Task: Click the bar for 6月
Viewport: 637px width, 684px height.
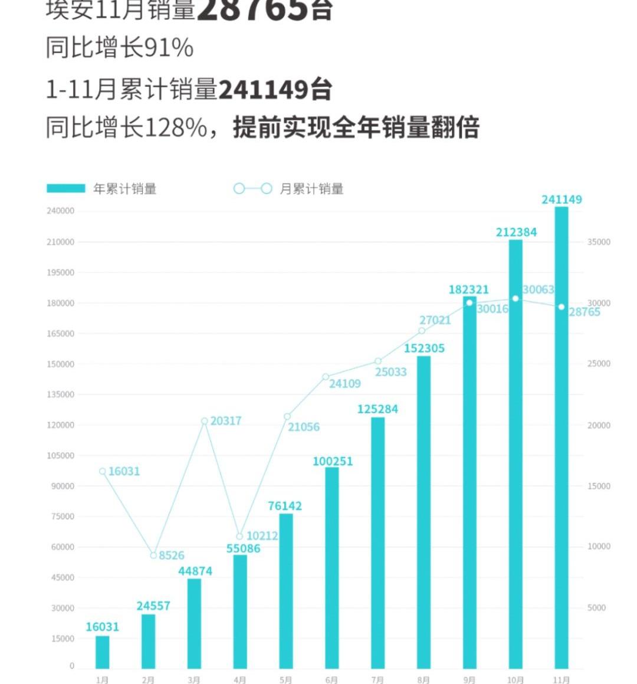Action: (x=332, y=566)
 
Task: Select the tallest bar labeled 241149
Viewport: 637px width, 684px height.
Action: (x=562, y=436)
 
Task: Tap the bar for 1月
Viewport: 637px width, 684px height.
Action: (x=103, y=652)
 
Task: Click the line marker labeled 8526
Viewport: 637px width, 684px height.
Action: (x=153, y=555)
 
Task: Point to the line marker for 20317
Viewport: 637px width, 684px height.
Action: (x=205, y=421)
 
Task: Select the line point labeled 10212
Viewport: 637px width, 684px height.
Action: (x=239, y=537)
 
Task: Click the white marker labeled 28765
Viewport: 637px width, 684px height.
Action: (x=562, y=307)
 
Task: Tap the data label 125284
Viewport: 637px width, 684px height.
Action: (x=377, y=409)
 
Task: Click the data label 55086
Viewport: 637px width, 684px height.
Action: (x=243, y=548)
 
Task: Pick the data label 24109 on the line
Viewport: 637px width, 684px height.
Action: (x=344, y=384)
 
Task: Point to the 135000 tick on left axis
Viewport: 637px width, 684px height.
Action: (x=61, y=394)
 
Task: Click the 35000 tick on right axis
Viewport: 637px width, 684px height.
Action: (x=598, y=242)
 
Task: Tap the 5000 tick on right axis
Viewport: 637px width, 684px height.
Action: (x=596, y=608)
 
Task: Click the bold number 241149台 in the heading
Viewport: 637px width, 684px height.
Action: (x=275, y=90)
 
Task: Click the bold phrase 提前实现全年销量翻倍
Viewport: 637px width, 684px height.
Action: (x=356, y=127)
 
